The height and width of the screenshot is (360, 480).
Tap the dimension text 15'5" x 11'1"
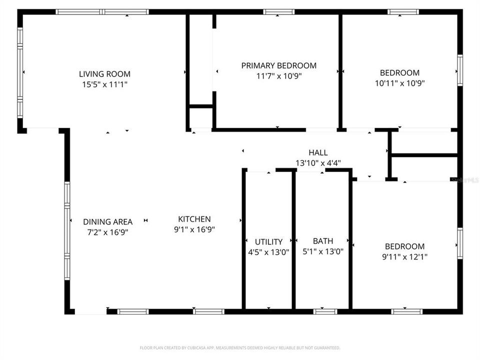point(105,84)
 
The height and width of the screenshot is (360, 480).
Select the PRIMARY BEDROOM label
point(279,65)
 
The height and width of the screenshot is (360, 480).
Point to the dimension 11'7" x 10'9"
point(279,76)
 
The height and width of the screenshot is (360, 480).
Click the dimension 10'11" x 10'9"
point(399,83)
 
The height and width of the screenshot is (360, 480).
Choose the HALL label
point(318,152)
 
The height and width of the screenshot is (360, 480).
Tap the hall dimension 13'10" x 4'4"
point(318,162)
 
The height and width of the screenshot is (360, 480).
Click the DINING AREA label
point(108,221)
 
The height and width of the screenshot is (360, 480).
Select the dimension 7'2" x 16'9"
point(108,232)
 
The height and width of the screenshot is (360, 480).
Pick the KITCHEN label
point(194,219)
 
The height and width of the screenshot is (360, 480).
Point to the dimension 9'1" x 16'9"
point(194,229)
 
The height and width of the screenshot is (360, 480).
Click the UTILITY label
point(268,241)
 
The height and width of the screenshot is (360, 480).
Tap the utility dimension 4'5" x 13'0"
point(268,252)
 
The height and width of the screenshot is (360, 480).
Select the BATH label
point(323,241)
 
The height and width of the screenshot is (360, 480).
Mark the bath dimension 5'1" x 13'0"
point(323,252)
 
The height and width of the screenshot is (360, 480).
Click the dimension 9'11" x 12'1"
point(404,257)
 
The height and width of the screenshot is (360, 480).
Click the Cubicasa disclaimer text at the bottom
point(240,347)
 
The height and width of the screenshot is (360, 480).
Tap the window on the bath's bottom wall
point(325,311)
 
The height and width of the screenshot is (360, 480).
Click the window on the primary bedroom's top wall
point(278,11)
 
